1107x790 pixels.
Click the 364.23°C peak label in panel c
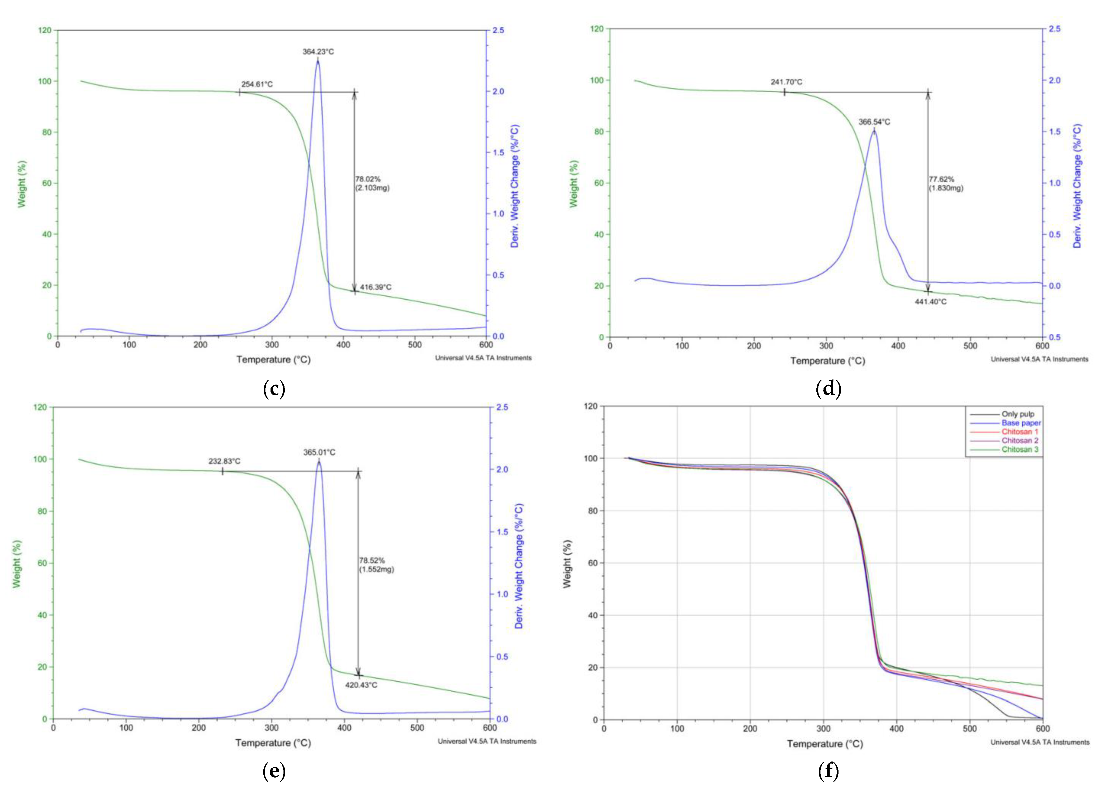[318, 52]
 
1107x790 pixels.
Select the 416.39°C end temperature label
[375, 287]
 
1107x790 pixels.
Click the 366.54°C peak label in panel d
[874, 122]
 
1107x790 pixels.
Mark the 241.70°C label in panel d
[786, 82]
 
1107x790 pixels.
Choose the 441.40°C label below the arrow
[931, 302]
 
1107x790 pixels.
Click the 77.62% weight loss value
[941, 179]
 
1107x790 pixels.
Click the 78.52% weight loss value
[372, 560]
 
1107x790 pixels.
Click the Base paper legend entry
[1021, 423]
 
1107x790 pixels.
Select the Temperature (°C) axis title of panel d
[828, 360]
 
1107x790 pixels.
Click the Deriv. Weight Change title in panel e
[519, 566]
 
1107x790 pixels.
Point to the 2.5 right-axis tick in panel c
[498, 30]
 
